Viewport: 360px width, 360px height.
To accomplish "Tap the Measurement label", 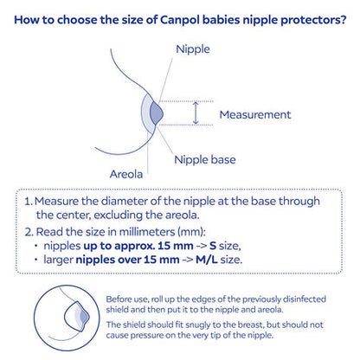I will tap(255, 113).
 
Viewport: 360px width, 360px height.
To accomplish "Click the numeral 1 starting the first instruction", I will tap(28, 201).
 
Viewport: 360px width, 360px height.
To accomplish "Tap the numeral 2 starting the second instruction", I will tap(28, 232).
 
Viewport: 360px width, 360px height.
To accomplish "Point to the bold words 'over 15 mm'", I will tap(151, 259).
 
